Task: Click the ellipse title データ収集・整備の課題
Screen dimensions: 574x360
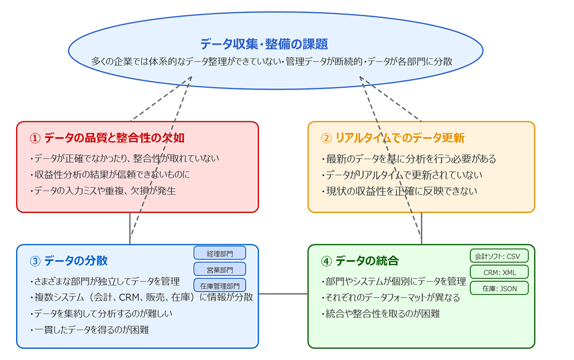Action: tap(264, 44)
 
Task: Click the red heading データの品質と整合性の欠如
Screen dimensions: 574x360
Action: tap(114, 138)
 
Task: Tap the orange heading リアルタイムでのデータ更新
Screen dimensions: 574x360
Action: tap(400, 138)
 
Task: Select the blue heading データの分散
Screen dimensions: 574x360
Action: tap(76, 261)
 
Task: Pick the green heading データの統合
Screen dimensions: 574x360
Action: tap(367, 261)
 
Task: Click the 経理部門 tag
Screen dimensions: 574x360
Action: tap(220, 253)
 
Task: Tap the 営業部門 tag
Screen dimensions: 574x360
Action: tap(220, 270)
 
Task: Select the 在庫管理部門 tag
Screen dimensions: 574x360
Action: tap(220, 286)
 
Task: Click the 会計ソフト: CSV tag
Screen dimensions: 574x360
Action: tap(499, 256)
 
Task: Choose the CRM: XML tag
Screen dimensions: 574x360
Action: tap(499, 272)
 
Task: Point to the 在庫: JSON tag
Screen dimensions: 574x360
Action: tap(499, 289)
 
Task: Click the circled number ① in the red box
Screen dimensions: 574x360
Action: tap(35, 138)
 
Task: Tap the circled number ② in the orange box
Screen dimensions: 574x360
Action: tap(326, 138)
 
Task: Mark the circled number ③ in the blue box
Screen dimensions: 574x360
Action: tap(35, 261)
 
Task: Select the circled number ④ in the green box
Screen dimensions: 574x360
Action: tap(326, 261)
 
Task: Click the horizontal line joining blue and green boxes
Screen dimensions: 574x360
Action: tap(283, 294)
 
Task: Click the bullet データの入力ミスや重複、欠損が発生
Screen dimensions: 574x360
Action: tap(103, 191)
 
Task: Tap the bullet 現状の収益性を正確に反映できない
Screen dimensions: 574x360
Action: tap(399, 191)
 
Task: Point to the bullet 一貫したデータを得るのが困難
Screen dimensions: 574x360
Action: tap(90, 330)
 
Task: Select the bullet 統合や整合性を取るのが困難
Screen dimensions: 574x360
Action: tap(381, 314)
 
